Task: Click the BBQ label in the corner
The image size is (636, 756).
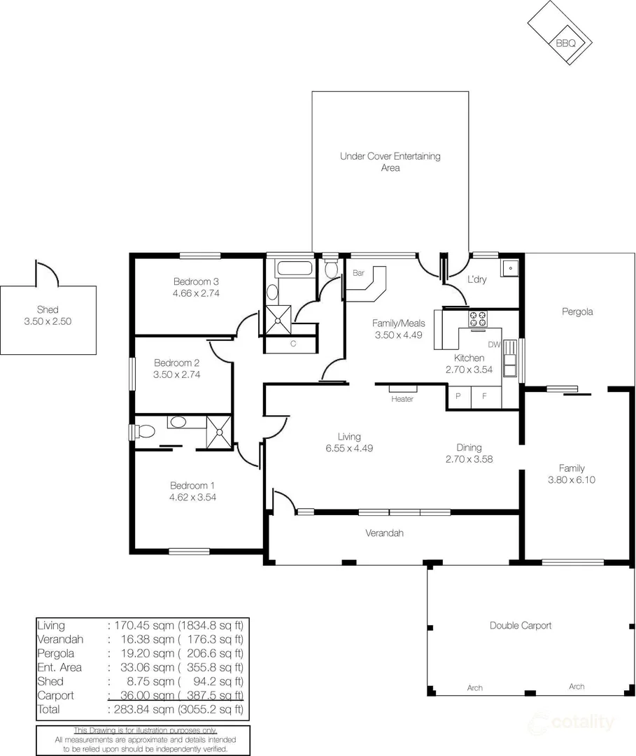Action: pos(565,43)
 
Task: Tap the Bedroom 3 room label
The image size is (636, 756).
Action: pos(196,282)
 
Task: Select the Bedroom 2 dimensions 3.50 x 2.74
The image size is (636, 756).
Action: pos(177,375)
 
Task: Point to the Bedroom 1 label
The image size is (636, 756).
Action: pos(192,485)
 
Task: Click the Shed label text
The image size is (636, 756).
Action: pos(48,309)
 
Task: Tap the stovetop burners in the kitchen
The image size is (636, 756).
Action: pos(478,318)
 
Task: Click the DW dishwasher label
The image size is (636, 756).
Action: pos(494,344)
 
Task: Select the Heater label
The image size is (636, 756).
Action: pos(402,399)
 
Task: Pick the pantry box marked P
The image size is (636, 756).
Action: pos(458,396)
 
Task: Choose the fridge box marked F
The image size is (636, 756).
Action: pos(483,396)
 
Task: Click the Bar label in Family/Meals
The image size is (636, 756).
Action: pos(358,273)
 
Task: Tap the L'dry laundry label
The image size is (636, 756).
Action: pos(476,280)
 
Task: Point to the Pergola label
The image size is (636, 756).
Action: pos(577,311)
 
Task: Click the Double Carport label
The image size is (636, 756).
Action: pos(521,625)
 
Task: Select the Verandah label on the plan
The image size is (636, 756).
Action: pos(385,533)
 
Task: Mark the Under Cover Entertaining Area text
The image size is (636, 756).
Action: pos(390,162)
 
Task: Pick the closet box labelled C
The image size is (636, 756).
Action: pos(292,344)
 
